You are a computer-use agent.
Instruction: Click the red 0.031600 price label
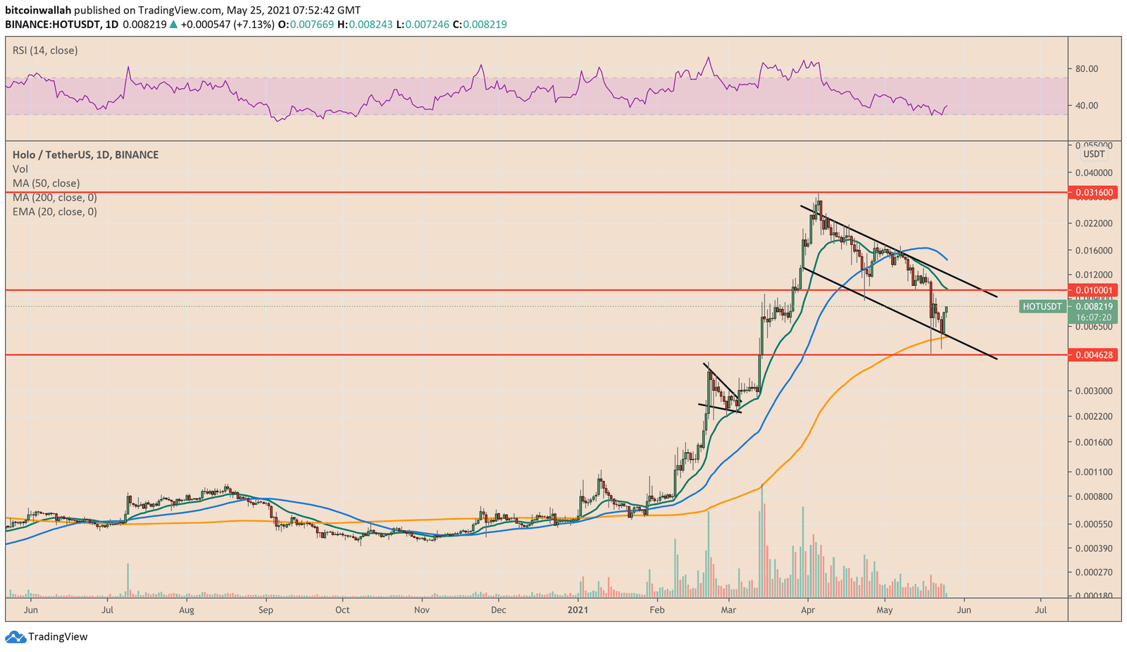[x=1093, y=192]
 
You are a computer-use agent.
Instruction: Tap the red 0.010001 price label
[x=1093, y=290]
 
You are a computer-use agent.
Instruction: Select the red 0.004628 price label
[x=1093, y=355]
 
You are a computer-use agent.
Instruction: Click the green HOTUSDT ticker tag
[x=1041, y=306]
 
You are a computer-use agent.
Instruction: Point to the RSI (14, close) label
[x=45, y=51]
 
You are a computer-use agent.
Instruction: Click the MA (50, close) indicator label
[x=46, y=183]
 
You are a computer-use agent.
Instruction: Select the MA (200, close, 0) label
[x=54, y=197]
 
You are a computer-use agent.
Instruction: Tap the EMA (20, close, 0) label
[x=54, y=211]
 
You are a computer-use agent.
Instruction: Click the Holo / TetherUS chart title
[x=85, y=155]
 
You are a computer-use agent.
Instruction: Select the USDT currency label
[x=1093, y=154]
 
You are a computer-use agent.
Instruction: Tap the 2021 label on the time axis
[x=578, y=610]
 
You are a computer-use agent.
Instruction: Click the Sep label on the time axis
[x=266, y=610]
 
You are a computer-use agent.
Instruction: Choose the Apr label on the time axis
[x=808, y=610]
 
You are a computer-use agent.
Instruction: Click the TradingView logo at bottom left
[x=47, y=637]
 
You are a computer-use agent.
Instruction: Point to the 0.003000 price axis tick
[x=1093, y=391]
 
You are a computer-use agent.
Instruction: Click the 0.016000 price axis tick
[x=1093, y=251]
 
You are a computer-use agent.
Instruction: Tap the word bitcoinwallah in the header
[x=38, y=11]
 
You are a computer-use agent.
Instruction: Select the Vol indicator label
[x=20, y=169]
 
